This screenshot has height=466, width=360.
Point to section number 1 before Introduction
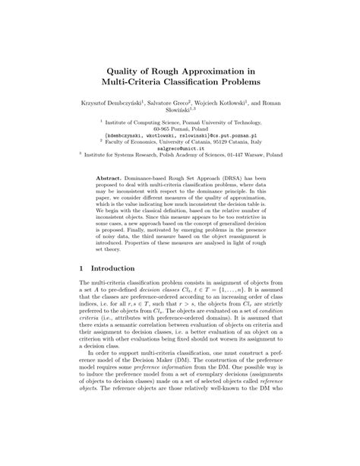point(82,269)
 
